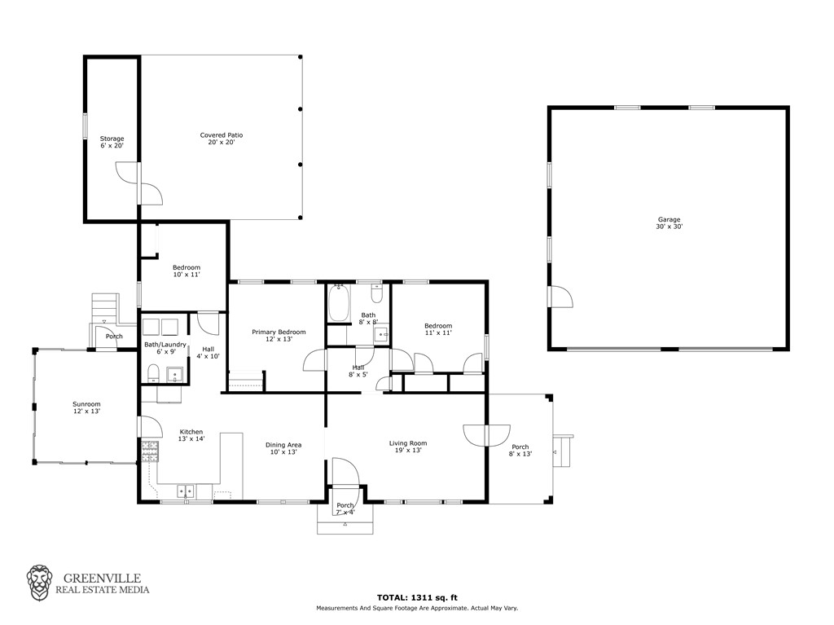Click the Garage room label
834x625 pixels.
pos(669,222)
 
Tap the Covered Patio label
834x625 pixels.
pos(222,139)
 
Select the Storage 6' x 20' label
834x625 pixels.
pos(112,142)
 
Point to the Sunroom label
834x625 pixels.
pos(86,407)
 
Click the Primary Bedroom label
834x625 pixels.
pos(279,336)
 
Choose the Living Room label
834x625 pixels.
pos(408,446)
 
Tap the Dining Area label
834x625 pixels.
pos(283,448)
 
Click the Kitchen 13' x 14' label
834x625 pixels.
pos(191,435)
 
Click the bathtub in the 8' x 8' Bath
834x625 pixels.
pos(339,303)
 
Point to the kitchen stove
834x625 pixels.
pos(150,451)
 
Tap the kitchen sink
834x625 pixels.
pos(186,491)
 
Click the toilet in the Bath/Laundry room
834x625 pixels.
pos(153,373)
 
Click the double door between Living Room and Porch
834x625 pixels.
pos(487,435)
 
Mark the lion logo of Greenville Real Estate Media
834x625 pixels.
pos(39,583)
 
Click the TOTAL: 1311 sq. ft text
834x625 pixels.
pos(417,597)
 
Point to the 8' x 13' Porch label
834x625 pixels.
pos(520,451)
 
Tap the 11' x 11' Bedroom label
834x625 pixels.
pos(438,329)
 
